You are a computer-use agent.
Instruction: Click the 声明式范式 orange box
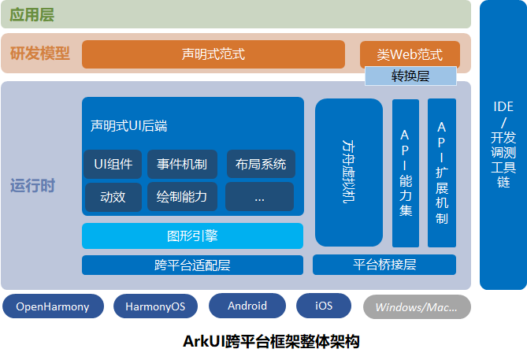click(213, 54)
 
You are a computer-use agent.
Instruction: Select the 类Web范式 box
click(410, 54)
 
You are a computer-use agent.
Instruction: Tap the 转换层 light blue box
click(410, 76)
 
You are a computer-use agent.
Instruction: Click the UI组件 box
click(113, 164)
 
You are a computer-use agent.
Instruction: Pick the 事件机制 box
click(182, 164)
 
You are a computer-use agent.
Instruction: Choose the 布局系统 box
click(260, 164)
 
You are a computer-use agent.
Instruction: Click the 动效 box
click(113, 197)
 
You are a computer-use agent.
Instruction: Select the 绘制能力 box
click(182, 197)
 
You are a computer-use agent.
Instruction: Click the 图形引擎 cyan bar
click(192, 236)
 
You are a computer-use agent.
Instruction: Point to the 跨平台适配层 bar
click(192, 265)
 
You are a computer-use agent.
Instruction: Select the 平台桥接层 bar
click(385, 265)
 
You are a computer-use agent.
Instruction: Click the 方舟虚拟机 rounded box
click(348, 173)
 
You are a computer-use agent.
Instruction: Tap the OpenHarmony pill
click(53, 306)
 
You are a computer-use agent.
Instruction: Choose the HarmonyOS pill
click(155, 306)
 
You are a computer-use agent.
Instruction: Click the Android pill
click(247, 306)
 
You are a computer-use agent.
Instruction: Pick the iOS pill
click(323, 306)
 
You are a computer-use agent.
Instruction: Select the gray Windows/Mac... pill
click(416, 306)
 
